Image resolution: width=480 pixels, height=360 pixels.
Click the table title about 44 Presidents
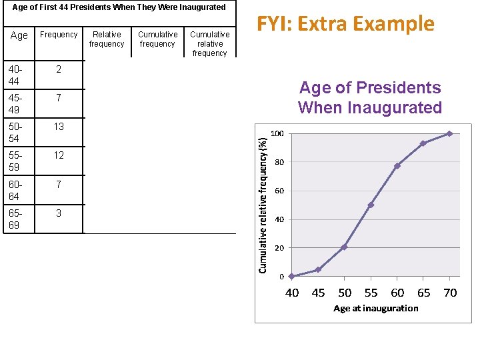119,7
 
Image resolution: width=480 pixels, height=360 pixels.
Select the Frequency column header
59,35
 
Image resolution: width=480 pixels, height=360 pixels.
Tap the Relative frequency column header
107,39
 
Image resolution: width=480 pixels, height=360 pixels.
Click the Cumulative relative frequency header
209,43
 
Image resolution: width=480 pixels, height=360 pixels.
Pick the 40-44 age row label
14,75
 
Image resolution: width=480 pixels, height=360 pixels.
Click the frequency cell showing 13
59,127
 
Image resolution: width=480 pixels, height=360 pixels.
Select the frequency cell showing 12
59,155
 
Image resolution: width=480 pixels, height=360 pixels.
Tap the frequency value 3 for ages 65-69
59,213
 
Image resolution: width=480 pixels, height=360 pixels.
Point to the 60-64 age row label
14,190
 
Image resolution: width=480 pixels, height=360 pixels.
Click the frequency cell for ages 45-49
59,98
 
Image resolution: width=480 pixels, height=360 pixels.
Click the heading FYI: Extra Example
345,24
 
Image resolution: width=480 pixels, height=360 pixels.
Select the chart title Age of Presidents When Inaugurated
370,97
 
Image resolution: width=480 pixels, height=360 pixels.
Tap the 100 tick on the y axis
277,133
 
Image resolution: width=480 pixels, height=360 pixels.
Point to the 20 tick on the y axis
279,248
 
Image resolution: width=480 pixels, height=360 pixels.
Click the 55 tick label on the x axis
371,293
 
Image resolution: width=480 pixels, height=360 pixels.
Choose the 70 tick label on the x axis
451,293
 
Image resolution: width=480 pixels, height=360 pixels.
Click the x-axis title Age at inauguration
376,308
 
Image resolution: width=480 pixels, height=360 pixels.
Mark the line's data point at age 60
397,166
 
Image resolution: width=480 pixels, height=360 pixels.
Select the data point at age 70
450,133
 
